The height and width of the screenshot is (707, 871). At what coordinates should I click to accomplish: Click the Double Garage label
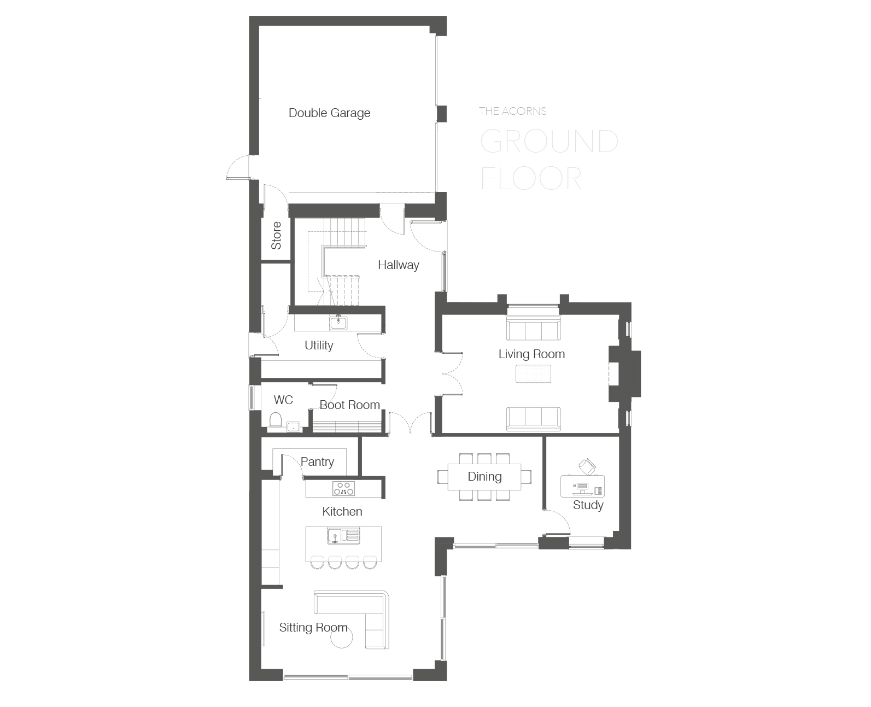(329, 113)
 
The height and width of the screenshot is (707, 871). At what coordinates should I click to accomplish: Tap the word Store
(277, 236)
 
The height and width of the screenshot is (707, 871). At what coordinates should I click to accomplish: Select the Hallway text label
(398, 265)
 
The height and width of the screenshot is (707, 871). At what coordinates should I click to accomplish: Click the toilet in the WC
(276, 420)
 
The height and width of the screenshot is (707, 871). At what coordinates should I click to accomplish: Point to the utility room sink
(338, 323)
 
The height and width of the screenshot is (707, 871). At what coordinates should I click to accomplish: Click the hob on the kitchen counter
(343, 488)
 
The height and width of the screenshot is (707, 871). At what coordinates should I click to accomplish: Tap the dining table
(484, 477)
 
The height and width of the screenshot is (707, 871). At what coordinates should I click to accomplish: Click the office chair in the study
(587, 467)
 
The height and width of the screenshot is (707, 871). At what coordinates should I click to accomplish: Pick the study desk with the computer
(582, 486)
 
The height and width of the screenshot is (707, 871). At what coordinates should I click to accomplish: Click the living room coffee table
(533, 374)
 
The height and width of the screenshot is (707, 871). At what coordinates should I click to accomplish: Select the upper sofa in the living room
(534, 328)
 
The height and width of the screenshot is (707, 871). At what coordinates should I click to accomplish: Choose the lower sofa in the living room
(534, 419)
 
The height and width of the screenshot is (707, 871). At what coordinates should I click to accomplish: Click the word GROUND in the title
(549, 142)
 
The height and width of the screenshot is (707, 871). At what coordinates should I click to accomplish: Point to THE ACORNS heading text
(513, 111)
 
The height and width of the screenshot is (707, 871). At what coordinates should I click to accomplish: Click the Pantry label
(317, 462)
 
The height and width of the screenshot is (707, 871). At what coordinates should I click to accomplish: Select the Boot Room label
(349, 405)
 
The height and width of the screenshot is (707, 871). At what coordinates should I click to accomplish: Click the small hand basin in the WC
(293, 427)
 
